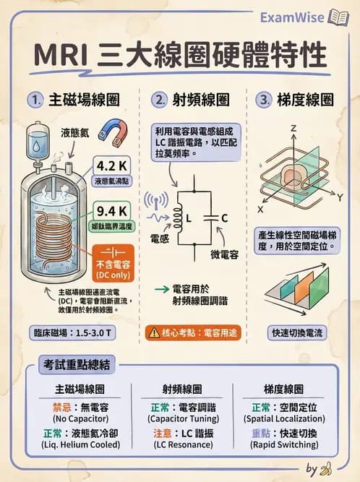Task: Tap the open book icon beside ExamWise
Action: (338, 17)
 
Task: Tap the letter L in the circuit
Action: (189, 218)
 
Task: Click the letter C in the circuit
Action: (224, 218)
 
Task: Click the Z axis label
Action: (293, 128)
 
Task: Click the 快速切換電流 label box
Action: (298, 333)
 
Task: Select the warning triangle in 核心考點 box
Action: (154, 333)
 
